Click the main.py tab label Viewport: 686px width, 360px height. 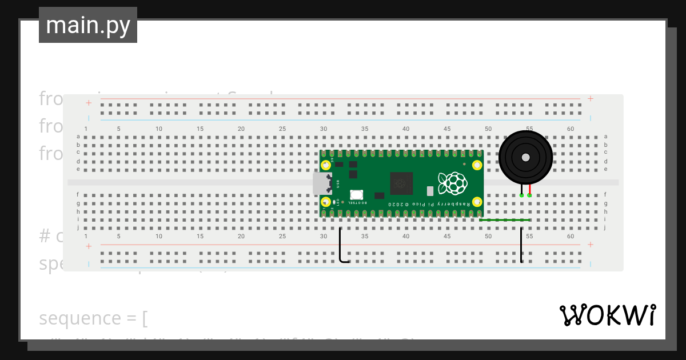point(88,25)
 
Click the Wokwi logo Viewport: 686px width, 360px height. point(607,315)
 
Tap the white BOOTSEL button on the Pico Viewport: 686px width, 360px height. point(357,195)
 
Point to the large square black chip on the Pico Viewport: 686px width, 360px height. point(401,183)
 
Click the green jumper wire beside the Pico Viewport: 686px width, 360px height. point(504,220)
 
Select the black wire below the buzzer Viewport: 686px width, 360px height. point(521,246)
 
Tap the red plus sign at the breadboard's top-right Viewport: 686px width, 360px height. point(590,99)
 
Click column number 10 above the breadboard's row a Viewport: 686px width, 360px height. point(159,129)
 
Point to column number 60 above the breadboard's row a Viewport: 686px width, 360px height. point(571,129)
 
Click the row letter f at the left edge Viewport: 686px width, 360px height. point(78,195)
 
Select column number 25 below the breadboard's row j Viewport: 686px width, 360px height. point(282,236)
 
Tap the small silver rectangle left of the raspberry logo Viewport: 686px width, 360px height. point(430,191)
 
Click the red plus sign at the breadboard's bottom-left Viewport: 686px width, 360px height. point(89,246)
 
